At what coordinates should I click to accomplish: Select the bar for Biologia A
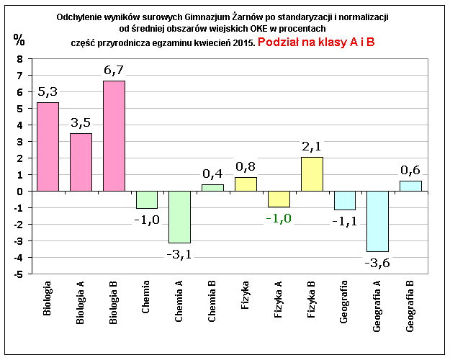(x=81, y=162)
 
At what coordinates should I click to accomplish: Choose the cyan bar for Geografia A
(x=377, y=221)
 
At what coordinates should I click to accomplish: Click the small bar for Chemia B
(x=212, y=187)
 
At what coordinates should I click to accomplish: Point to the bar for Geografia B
(x=410, y=186)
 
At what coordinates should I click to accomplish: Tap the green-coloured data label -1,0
(x=279, y=218)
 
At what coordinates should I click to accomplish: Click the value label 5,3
(x=48, y=91)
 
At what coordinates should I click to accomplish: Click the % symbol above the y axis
(x=18, y=38)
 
